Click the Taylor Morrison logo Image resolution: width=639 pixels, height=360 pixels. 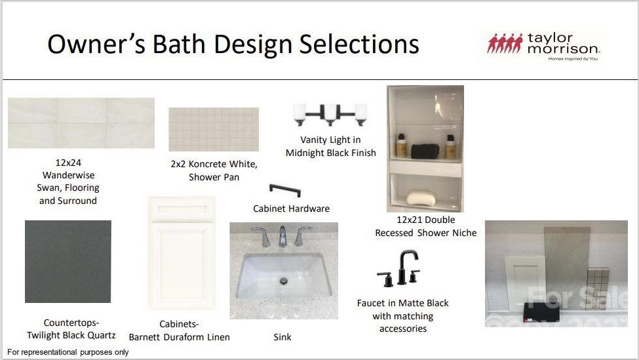coord(543,46)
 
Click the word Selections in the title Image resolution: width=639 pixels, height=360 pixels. coord(359,44)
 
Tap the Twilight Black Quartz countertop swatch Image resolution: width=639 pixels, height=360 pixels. coord(68,262)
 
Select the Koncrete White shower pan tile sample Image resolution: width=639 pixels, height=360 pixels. coord(214,129)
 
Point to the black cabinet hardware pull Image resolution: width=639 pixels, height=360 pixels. coord(285,189)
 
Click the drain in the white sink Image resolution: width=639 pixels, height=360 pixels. coord(284,281)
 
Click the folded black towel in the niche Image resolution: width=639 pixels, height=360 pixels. coord(425,151)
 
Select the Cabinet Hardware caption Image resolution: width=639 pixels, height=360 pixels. coord(292,209)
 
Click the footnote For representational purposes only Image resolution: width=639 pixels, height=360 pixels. coord(68,352)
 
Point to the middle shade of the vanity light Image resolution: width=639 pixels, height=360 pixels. coord(330,113)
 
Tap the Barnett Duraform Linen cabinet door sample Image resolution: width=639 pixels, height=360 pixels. coord(182,253)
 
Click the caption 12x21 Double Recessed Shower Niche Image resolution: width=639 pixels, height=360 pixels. coord(426,226)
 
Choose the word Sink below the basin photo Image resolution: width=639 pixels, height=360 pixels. coord(282,337)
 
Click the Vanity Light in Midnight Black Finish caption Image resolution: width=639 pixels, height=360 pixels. coord(331,146)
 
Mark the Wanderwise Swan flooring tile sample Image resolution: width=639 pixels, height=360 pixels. coord(81,123)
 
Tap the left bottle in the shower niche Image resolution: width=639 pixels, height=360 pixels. coord(401,146)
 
